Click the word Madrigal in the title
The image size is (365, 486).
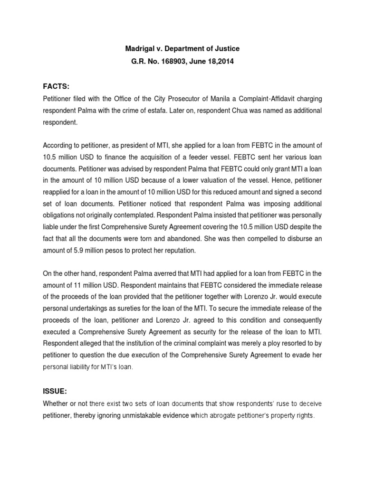tap(141, 49)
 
